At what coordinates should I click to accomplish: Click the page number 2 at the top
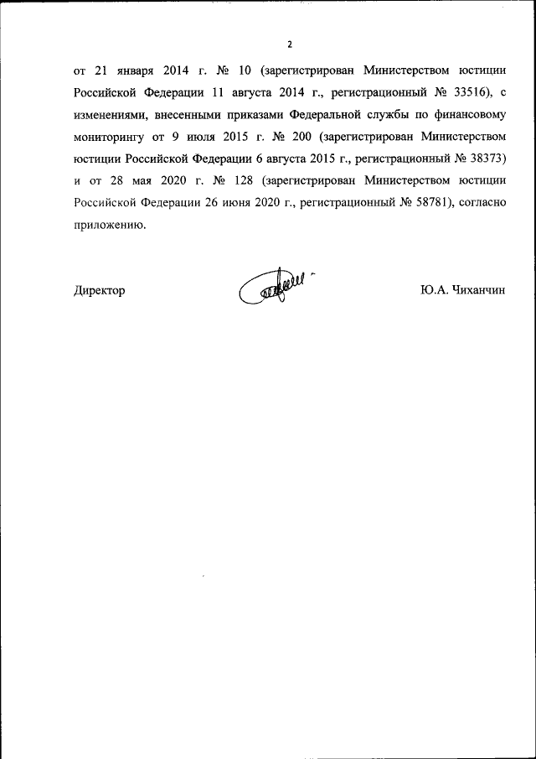pyautogui.click(x=290, y=44)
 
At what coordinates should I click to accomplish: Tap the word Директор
pyautogui.click(x=100, y=290)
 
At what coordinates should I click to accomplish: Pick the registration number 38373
pyautogui.click(x=484, y=158)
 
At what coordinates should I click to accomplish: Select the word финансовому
pyautogui.click(x=467, y=114)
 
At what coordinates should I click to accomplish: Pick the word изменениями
pyautogui.click(x=112, y=114)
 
